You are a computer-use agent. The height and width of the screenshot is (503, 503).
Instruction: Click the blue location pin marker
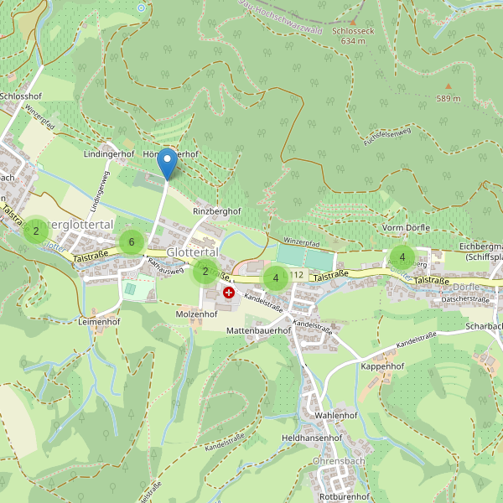[168, 163]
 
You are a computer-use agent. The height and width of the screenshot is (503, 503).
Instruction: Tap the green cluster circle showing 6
[131, 242]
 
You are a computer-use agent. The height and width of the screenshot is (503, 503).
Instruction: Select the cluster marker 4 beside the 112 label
[275, 277]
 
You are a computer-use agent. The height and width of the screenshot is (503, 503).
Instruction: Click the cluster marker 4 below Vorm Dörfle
[402, 257]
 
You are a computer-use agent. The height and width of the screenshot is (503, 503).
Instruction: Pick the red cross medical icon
[229, 292]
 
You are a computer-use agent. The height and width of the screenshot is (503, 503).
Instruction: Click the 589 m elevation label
[449, 99]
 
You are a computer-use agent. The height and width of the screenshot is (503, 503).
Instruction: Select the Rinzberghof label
[217, 211]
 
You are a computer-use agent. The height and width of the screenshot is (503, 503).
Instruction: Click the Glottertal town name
[193, 252]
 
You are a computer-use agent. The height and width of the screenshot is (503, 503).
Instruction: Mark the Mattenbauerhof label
[259, 331]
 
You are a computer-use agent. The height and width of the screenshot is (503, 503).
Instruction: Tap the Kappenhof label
[382, 366]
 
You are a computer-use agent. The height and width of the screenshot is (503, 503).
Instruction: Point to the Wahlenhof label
[336, 416]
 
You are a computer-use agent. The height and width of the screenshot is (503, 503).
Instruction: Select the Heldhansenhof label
[313, 438]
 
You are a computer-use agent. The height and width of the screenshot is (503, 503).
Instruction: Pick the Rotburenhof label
[339, 497]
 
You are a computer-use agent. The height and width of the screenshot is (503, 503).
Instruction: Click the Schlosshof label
[21, 97]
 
